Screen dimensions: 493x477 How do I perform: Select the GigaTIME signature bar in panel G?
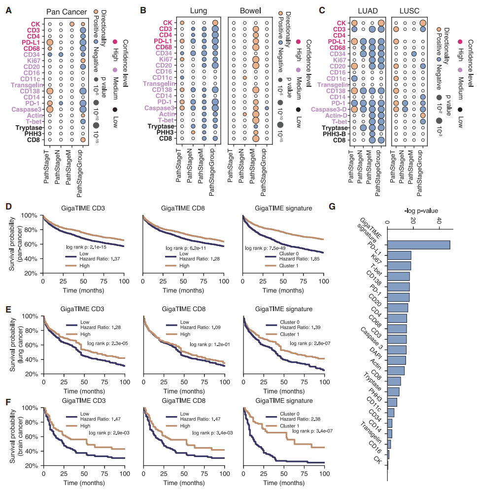tap(418, 245)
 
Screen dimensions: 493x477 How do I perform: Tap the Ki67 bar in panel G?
tap(399, 266)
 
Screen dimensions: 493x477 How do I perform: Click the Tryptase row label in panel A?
tap(29, 126)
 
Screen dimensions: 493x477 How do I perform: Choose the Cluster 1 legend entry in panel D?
tap(279, 266)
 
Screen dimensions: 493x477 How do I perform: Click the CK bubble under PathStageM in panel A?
tap(71, 23)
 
